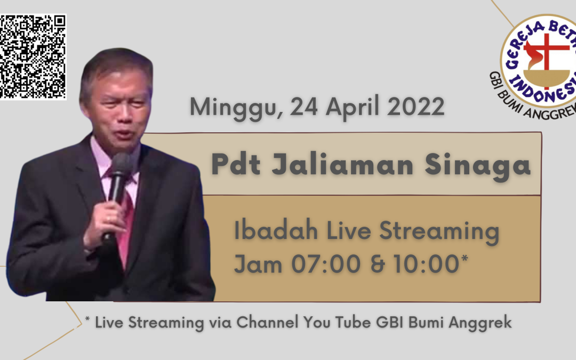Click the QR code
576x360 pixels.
point(33,57)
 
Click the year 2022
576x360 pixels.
point(415,107)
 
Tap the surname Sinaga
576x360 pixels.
point(477,166)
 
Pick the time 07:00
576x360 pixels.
point(326,264)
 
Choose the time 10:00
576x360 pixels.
point(426,264)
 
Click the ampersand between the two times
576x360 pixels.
point(377,264)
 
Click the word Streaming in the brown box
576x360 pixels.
point(439,231)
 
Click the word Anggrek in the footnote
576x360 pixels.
point(480,323)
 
